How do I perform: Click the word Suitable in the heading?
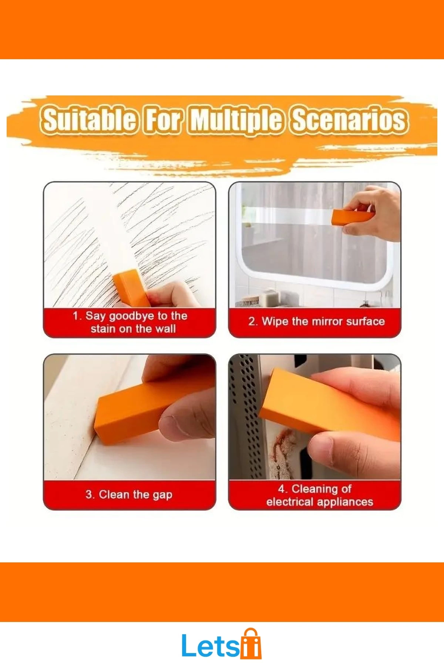point(89,120)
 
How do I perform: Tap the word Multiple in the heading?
point(237,120)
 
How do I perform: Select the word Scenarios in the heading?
point(350,120)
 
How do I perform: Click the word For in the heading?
point(163,120)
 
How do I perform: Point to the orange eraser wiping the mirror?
point(353,217)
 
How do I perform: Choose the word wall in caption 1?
point(165,329)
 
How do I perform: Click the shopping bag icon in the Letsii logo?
point(251,644)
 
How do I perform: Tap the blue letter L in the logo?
point(189,646)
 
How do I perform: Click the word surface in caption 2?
point(366,321)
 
